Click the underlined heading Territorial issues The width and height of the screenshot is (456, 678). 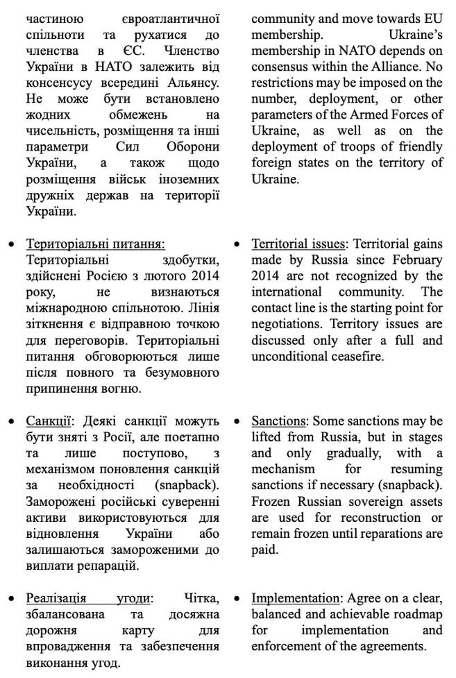pos(298,244)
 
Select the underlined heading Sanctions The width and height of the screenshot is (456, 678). pos(280,421)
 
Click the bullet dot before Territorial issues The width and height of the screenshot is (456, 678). pos(238,245)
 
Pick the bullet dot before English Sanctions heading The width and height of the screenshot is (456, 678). pos(238,422)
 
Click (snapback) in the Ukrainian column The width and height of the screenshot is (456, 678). pos(188,484)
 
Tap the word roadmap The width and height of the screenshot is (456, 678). pos(416,614)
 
